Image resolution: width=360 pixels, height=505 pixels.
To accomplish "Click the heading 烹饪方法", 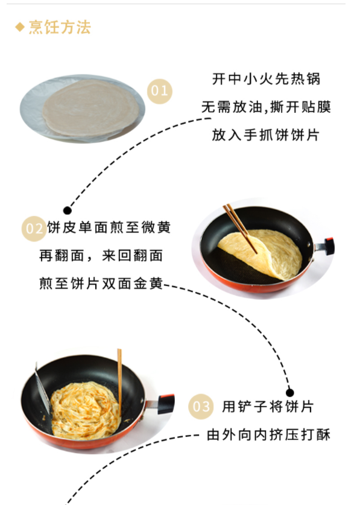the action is pyautogui.click(x=60, y=27).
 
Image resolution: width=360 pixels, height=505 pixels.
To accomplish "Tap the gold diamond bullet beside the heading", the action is pyautogui.click(x=20, y=27).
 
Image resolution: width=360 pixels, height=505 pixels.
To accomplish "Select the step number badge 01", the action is pyautogui.click(x=160, y=91).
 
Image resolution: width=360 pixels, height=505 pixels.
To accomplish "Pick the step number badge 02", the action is pyautogui.click(x=34, y=229).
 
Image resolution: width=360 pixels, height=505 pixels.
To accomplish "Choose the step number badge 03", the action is pyautogui.click(x=201, y=407).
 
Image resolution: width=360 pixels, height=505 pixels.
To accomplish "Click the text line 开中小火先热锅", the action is pyautogui.click(x=266, y=79).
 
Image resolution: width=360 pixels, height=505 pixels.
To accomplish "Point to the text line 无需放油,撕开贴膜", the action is pyautogui.click(x=266, y=107).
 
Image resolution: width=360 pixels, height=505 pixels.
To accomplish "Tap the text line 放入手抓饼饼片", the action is pyautogui.click(x=266, y=135).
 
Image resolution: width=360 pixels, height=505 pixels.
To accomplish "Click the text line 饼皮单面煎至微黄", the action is pyautogui.click(x=109, y=227).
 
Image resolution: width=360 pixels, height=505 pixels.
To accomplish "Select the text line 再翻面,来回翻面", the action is pyautogui.click(x=101, y=256).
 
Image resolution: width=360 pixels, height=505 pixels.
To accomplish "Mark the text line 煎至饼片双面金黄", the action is pyautogui.click(x=101, y=284).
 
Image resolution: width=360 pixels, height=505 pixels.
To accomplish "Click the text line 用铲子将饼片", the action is pyautogui.click(x=268, y=407).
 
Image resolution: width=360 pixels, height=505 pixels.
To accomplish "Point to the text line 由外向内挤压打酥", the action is pyautogui.click(x=268, y=435).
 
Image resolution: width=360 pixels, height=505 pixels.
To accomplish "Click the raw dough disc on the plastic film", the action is pyautogui.click(x=91, y=108).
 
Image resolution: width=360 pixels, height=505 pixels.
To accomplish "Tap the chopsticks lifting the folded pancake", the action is pyautogui.click(x=240, y=228).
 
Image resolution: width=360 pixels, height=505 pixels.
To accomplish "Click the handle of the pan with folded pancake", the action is pyautogui.click(x=324, y=247).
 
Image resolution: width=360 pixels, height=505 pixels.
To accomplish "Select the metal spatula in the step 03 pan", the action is pyautogui.click(x=42, y=389).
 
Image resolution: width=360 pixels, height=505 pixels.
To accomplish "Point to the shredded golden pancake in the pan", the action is pyautogui.click(x=86, y=410).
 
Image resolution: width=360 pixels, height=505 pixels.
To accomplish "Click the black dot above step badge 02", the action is pyautogui.click(x=68, y=211).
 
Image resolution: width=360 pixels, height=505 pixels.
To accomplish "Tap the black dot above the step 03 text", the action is pyautogui.click(x=290, y=393).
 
